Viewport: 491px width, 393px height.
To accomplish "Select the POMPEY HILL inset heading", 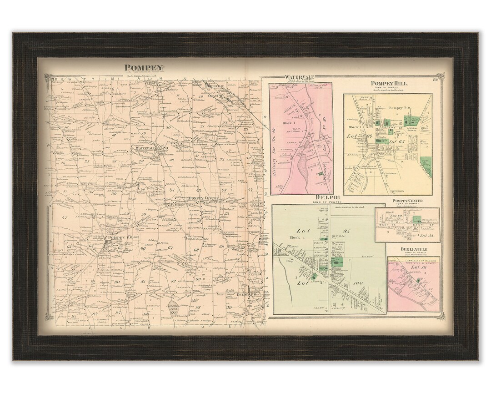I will tap(389, 84).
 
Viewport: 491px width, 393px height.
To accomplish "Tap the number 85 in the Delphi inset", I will tap(349, 230).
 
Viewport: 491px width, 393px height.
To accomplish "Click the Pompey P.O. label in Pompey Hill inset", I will tap(400, 107).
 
